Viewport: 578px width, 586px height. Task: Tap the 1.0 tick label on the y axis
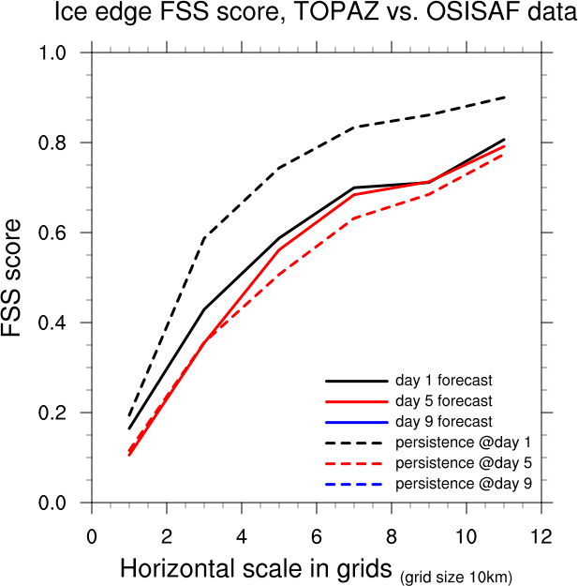coord(52,53)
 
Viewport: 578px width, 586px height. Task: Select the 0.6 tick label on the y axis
coord(52,233)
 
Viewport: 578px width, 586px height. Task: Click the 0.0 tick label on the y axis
coord(52,503)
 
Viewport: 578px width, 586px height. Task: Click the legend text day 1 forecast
coord(443,382)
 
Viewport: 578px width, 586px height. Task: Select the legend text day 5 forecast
coord(443,402)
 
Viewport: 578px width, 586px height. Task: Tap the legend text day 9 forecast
coord(443,422)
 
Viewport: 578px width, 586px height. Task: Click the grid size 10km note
coord(456,577)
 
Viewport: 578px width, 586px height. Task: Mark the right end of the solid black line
coord(505,140)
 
